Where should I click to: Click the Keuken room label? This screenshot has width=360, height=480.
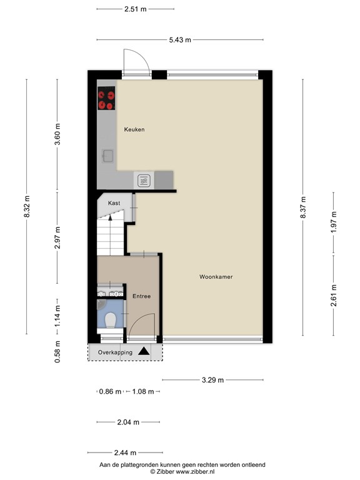click(134, 129)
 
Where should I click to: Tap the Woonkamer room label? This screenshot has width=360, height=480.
click(216, 276)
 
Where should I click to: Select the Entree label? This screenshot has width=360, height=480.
click(141, 296)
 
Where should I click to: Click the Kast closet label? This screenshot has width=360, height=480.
click(114, 203)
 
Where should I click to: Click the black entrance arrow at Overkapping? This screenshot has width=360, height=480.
click(144, 352)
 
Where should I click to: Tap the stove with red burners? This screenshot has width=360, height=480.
click(106, 98)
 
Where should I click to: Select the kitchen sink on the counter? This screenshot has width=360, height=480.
click(107, 156)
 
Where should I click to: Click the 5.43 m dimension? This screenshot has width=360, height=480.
click(180, 40)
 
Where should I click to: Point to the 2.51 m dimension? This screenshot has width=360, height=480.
click(136, 9)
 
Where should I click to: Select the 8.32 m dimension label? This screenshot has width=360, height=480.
click(26, 207)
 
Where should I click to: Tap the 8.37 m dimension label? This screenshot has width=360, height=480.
click(303, 207)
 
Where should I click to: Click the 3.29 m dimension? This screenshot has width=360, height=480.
click(212, 379)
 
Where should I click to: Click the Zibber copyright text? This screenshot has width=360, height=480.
click(182, 472)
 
